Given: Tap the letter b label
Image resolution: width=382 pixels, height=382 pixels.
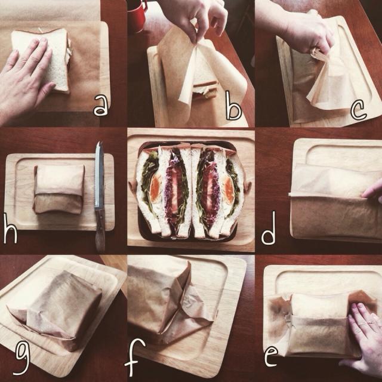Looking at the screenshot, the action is (233, 106).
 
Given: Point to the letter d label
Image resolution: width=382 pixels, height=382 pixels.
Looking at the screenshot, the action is (269, 229).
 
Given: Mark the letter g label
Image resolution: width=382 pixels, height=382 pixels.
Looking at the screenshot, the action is (23, 359).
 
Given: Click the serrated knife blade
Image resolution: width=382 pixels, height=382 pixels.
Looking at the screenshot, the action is (99, 175).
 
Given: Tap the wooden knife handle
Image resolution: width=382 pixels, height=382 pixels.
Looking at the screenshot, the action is (100, 230).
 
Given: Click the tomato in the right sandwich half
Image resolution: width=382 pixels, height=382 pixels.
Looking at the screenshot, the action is (208, 190).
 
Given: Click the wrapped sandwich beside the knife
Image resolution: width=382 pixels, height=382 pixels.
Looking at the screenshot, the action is (58, 189).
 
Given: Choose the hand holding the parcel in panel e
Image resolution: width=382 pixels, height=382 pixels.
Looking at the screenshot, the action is (363, 338).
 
